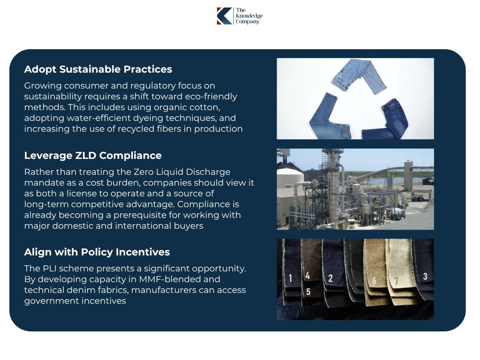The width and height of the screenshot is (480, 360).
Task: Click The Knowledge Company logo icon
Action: [x=225, y=16]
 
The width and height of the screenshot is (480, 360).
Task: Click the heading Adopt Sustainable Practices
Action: [x=98, y=69]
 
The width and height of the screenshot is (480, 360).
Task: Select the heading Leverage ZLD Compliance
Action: [x=93, y=156]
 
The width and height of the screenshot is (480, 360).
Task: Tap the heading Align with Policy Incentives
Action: [x=97, y=252]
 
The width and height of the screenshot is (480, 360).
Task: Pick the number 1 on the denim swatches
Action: [x=291, y=278]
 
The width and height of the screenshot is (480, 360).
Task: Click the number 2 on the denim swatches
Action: [x=330, y=278]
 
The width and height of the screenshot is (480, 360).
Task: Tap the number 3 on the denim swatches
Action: [x=425, y=277]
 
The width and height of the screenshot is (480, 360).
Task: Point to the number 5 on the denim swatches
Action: [x=308, y=292]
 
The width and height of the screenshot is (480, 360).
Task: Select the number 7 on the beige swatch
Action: [x=396, y=281]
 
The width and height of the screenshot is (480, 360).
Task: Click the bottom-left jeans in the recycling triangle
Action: [x=324, y=118]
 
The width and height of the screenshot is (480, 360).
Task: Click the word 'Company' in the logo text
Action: [x=247, y=22]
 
